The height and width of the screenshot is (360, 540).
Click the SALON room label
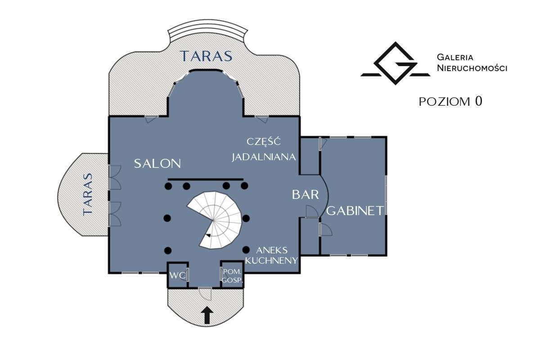tap(157, 164)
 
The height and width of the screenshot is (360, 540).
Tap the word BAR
tap(306, 194)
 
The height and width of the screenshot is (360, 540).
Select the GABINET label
tap(355, 211)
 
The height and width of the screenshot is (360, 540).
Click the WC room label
tap(178, 275)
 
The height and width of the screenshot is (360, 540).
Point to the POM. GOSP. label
tap(232, 276)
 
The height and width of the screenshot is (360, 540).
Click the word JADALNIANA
tap(264, 157)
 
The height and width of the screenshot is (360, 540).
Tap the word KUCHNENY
tap(271, 261)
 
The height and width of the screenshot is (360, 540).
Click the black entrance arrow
tap(207, 315)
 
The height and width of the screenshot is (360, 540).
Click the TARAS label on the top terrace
tap(206, 56)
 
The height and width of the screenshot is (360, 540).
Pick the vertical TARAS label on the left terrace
tap(88, 194)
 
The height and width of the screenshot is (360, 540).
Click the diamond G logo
tap(396, 63)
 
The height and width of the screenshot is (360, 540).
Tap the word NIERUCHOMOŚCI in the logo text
tap(472, 68)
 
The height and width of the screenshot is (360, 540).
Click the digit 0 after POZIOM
tap(478, 101)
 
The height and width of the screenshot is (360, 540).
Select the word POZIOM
tap(445, 102)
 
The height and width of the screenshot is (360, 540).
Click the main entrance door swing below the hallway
tap(205, 294)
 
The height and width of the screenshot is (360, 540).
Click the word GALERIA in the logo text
tap(455, 58)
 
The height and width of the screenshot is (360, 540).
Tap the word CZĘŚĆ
tap(264, 142)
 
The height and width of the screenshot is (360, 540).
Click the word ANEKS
tap(272, 250)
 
